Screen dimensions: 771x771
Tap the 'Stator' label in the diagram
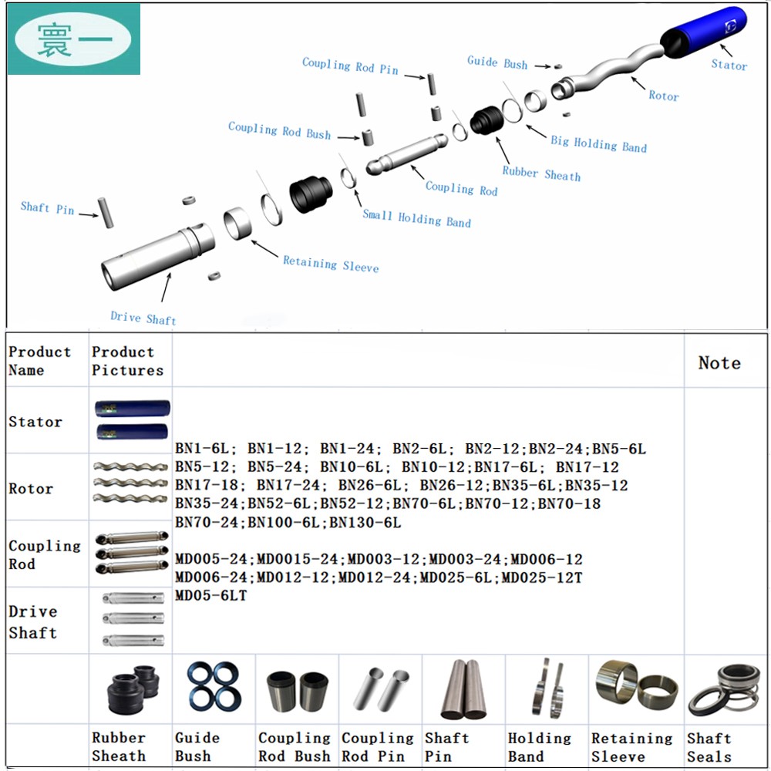click(x=729, y=65)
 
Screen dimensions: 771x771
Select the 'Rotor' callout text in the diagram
click(x=663, y=96)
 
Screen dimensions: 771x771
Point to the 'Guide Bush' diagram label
click(x=497, y=62)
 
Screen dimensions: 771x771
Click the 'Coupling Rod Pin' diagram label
click(x=350, y=66)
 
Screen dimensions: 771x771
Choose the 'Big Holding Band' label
click(x=598, y=144)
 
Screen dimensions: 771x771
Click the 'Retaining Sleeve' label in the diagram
click(x=331, y=264)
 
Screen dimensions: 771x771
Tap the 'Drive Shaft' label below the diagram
click(x=143, y=317)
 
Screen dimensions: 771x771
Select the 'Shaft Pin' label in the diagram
click(x=47, y=208)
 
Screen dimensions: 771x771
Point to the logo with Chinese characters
click(x=74, y=39)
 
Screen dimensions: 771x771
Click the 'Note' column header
click(x=719, y=362)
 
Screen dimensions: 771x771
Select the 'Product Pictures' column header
click(x=127, y=361)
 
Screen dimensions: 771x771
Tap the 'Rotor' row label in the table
click(x=31, y=488)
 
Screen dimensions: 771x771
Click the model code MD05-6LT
click(x=211, y=596)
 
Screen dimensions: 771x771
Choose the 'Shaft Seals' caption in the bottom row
click(x=709, y=747)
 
